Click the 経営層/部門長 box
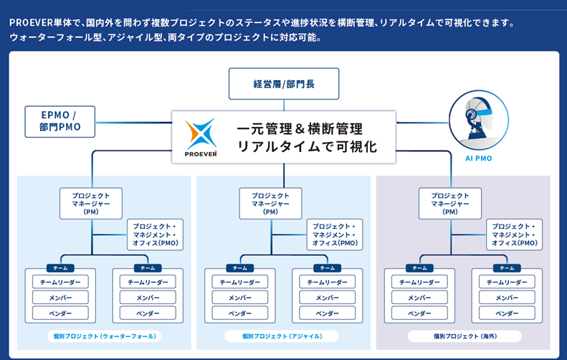tap(283, 84)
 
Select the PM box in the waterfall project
tap(91, 203)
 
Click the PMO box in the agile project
tap(335, 235)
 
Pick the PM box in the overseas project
tap(450, 203)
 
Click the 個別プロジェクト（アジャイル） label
tap(283, 336)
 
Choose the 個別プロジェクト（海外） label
tap(464, 336)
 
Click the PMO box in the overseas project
tap(515, 235)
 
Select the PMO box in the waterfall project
tap(156, 235)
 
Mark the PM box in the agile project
tap(270, 203)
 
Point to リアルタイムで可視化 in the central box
tap(306, 146)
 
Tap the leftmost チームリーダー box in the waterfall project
tap(60, 283)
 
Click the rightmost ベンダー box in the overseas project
tap(507, 313)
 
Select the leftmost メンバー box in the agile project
tap(239, 298)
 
